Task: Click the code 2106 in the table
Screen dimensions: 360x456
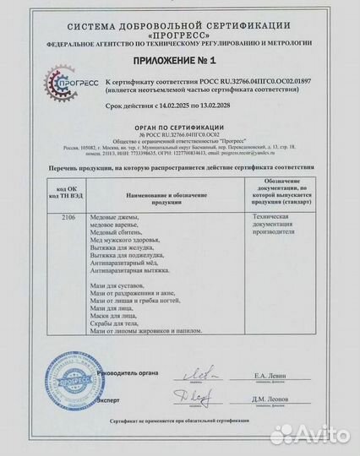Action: click(68, 216)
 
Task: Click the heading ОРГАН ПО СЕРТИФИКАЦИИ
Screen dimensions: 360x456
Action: click(181, 125)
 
